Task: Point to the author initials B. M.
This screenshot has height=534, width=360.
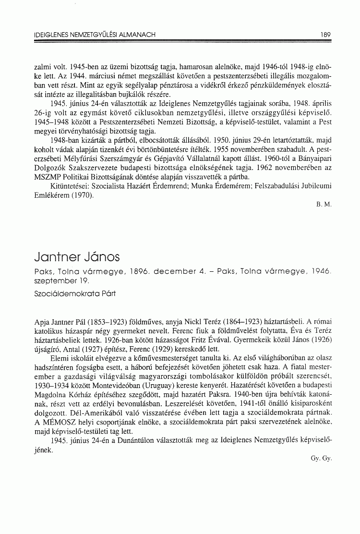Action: pyautogui.click(x=324, y=205)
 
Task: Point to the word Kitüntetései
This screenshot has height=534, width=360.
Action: pyautogui.click(x=69, y=186)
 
